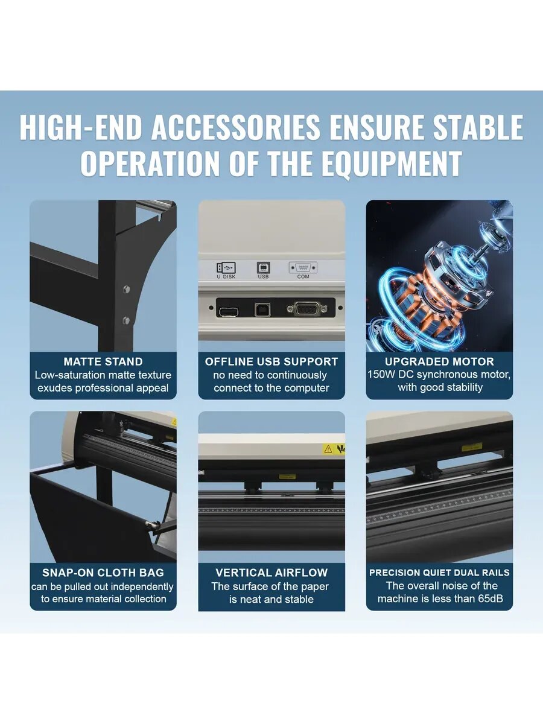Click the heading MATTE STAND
(x=103, y=361)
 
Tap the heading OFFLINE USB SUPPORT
(x=271, y=361)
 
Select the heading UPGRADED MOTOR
(x=439, y=361)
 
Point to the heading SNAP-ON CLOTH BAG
(x=103, y=573)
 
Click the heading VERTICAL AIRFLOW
(x=271, y=573)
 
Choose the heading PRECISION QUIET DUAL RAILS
(x=439, y=573)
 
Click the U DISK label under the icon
(x=226, y=276)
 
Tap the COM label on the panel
(x=303, y=276)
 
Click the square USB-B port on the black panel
(x=263, y=310)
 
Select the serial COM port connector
(x=307, y=309)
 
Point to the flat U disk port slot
(x=228, y=311)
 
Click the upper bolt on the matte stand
(x=126, y=289)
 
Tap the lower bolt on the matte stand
(x=126, y=320)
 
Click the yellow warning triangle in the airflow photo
(x=328, y=449)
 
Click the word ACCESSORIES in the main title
(x=235, y=127)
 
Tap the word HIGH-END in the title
(x=81, y=127)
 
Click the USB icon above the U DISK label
(x=226, y=267)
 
